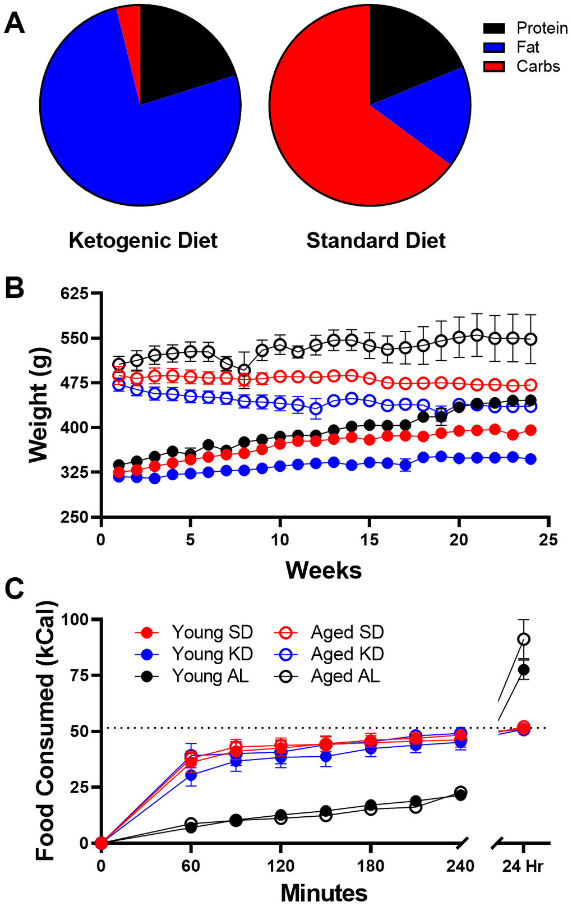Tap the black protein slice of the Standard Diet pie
(407, 50)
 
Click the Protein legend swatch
(494, 28)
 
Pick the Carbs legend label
(538, 66)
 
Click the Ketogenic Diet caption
(143, 241)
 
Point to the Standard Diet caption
(376, 241)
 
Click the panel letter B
(15, 289)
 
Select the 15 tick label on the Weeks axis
(370, 540)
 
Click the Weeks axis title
(324, 570)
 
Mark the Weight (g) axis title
(39, 405)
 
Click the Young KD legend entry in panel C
(212, 654)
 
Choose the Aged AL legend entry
(345, 676)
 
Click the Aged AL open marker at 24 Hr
(524, 639)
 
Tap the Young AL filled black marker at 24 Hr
(524, 669)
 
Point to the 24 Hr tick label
(523, 867)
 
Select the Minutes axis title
(324, 893)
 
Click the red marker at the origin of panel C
(101, 843)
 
